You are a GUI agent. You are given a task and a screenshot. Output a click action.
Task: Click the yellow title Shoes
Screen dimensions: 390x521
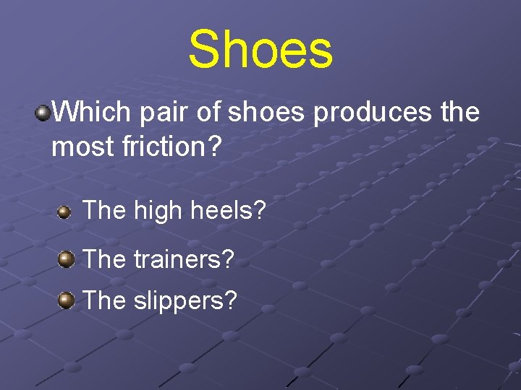click(260, 49)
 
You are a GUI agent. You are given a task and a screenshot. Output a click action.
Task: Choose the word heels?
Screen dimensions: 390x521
click(227, 211)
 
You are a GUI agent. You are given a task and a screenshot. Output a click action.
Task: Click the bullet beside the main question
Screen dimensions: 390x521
click(44, 112)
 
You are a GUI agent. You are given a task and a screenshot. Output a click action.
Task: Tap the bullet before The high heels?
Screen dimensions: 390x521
click(64, 212)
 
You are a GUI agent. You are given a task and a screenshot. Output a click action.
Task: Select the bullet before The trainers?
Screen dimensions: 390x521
click(66, 259)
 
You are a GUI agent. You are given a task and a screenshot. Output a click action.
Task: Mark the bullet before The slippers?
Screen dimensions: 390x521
click(66, 299)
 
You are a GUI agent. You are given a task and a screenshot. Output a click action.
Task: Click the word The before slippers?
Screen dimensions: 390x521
click(104, 300)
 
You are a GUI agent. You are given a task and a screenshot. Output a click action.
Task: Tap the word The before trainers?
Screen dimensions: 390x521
click(104, 259)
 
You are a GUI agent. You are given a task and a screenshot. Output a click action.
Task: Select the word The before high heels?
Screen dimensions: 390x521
click(104, 211)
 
